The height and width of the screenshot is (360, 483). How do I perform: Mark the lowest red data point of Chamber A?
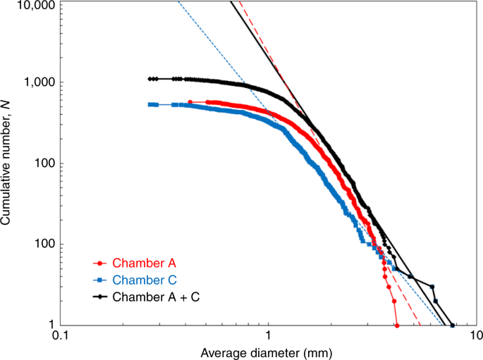(x=398, y=325)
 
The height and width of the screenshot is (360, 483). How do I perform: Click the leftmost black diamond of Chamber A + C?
(x=150, y=79)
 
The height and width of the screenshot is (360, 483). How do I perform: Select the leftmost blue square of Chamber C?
(x=149, y=104)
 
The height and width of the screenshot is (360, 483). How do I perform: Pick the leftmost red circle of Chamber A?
(x=190, y=102)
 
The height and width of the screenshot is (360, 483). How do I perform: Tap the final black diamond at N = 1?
(x=453, y=325)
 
